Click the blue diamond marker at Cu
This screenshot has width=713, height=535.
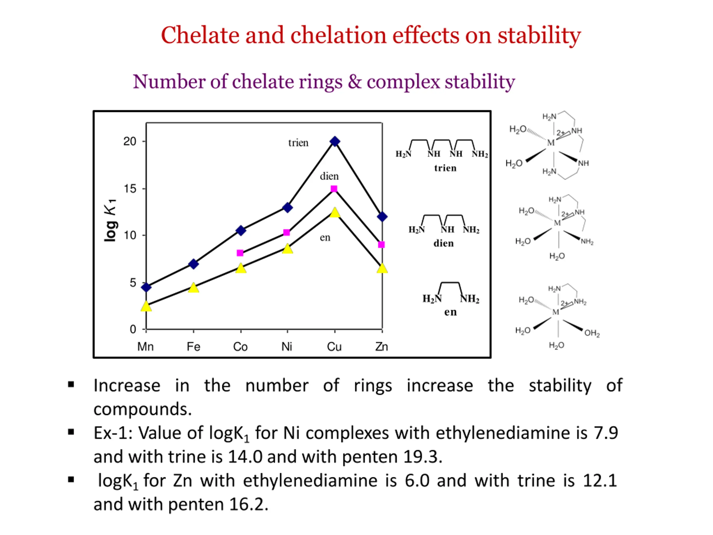(335, 141)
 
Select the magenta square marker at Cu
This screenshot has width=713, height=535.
(334, 189)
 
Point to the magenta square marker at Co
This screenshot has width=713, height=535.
(240, 253)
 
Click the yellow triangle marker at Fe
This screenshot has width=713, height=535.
(193, 288)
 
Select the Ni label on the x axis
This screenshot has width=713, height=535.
(287, 347)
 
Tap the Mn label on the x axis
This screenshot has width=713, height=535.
(145, 347)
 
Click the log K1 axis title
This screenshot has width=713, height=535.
(110, 220)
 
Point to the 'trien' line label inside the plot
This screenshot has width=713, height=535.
(298, 143)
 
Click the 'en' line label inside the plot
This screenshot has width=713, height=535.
(325, 238)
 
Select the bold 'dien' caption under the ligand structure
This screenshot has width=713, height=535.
(443, 243)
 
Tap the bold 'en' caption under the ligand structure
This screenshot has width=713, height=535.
(450, 312)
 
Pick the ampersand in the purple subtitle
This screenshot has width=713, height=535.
(355, 81)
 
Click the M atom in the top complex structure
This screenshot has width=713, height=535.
(551, 143)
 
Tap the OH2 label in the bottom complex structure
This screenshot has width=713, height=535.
(592, 333)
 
